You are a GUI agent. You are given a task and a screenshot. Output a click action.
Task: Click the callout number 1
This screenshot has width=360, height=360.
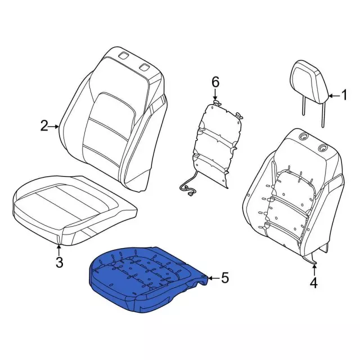(344, 95)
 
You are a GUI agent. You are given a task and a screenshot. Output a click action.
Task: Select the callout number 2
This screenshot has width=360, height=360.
(44, 126)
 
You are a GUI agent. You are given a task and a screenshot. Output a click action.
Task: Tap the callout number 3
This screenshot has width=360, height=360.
(59, 262)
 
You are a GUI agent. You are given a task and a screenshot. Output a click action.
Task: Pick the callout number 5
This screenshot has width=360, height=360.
(225, 278)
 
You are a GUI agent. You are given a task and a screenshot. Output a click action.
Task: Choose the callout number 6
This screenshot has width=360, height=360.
(215, 82)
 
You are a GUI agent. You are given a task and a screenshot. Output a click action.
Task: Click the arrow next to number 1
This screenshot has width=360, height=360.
(334, 96)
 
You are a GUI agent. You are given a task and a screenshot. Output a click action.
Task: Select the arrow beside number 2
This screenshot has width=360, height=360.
(54, 126)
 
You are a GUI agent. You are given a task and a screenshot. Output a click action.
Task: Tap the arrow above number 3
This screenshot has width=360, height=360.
(59, 250)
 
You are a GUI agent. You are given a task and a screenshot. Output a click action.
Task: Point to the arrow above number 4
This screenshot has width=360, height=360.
(314, 270)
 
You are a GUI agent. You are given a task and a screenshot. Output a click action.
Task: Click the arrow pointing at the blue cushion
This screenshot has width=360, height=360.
(214, 278)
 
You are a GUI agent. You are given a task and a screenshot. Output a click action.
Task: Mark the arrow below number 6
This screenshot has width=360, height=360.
(215, 94)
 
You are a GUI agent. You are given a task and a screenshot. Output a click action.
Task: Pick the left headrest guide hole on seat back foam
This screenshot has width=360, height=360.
(304, 136)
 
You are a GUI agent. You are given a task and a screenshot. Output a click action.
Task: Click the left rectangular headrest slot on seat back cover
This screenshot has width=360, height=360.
(124, 56)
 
